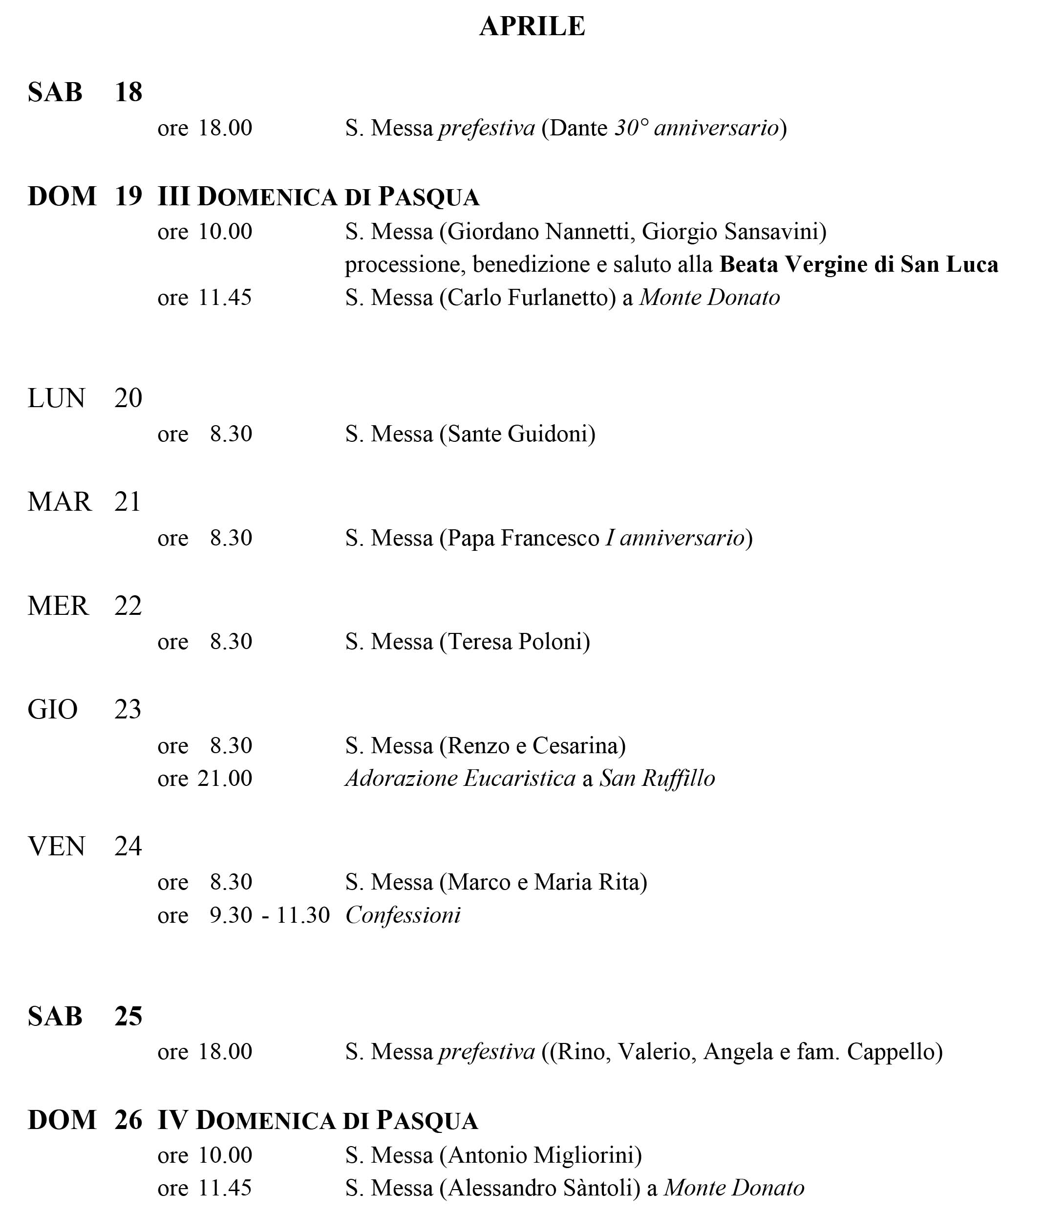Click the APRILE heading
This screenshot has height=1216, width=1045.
(532, 26)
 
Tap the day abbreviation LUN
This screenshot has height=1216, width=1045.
(56, 398)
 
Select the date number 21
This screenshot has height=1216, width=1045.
(128, 502)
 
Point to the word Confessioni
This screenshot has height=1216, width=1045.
(403, 915)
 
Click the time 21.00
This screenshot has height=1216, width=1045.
(225, 779)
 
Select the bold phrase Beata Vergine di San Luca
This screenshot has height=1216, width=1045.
(858, 265)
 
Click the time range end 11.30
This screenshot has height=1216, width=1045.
(303, 915)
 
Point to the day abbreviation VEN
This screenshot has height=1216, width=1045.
(56, 847)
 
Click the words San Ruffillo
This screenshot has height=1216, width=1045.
(657, 779)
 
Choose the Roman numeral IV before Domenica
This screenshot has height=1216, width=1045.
(172, 1120)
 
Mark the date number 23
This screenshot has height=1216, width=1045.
(128, 710)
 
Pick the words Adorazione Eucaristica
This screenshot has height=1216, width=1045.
(461, 779)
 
